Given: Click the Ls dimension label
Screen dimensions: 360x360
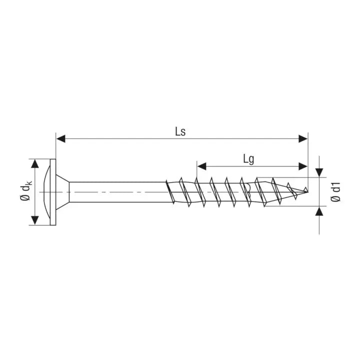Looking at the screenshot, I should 180,131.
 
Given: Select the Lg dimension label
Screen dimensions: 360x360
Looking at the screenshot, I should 248,159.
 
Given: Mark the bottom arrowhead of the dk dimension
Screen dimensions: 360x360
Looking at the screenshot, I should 35,220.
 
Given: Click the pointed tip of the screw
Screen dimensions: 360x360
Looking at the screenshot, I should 306,190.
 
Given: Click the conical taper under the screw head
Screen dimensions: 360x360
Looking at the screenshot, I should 62,192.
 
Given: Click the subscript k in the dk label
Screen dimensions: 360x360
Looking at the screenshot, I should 30,184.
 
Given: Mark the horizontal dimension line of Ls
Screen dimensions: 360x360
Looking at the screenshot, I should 125,138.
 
